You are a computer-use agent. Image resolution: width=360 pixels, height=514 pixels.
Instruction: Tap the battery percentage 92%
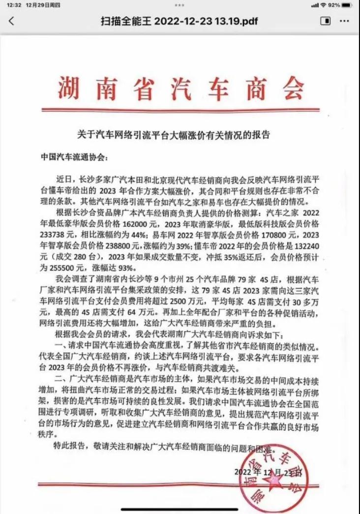click(334, 5)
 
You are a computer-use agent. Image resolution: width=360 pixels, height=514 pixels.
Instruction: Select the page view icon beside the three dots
click(325, 21)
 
